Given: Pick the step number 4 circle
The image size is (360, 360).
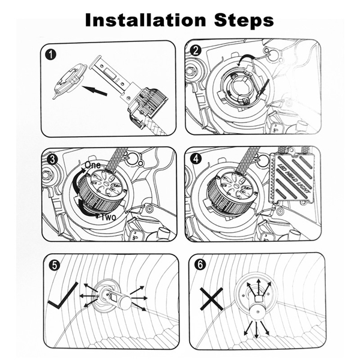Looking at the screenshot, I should [196, 159].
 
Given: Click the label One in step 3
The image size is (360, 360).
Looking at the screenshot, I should [92, 164].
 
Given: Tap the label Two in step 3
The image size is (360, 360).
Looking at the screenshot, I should [109, 217].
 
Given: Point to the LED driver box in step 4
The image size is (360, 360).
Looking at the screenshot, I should [294, 178].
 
